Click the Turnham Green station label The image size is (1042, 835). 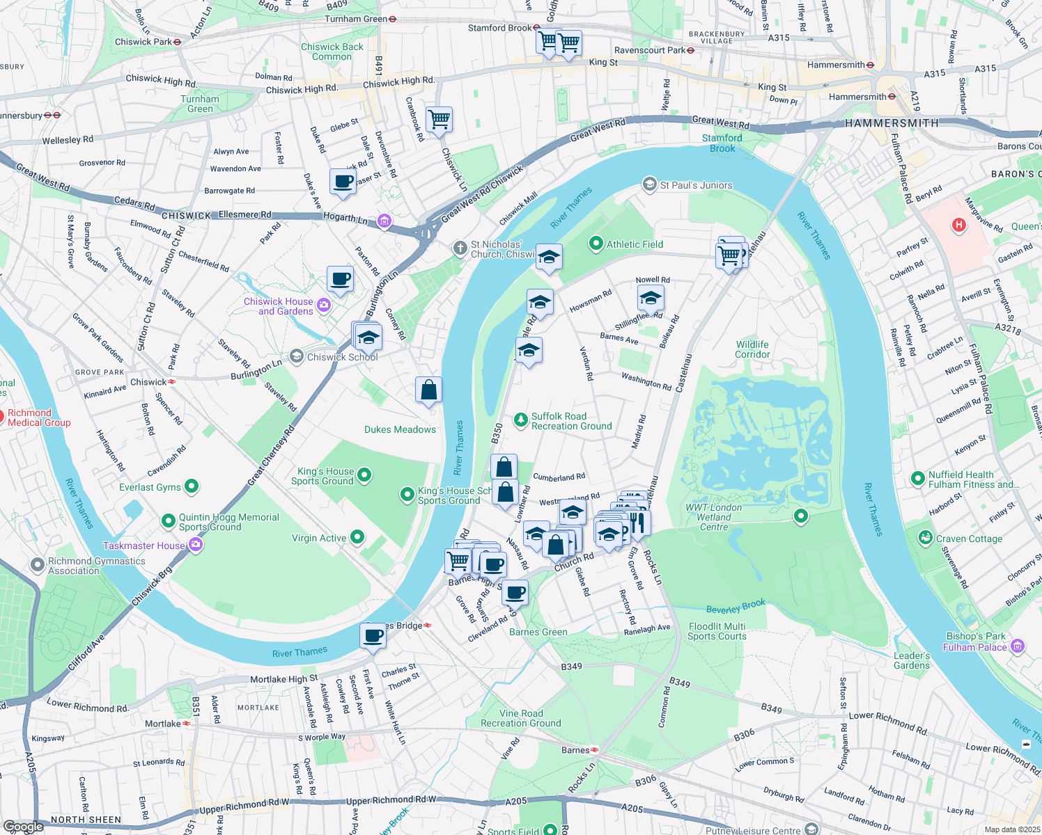coord(356,19)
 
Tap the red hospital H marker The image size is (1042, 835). coord(959,225)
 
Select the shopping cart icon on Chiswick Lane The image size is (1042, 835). coord(440,119)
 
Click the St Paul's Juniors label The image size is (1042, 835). coord(696,185)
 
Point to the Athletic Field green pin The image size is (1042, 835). coord(596,244)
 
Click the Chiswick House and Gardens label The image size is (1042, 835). coord(278,306)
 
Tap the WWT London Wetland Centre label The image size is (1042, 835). coord(714,517)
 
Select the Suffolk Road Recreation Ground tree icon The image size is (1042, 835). coord(520,420)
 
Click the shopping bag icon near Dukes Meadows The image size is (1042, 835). coord(428,390)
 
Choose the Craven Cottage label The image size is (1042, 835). coord(969,539)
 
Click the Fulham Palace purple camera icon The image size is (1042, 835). coord(1018,646)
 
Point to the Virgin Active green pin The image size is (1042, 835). coord(357,536)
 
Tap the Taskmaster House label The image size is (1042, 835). coord(144,546)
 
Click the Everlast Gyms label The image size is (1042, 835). coord(150,487)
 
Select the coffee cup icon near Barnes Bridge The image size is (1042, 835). coord(373,635)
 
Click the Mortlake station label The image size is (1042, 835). coord(163,724)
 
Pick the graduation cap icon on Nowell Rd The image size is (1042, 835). coord(651,299)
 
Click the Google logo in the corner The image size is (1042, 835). coord(23,826)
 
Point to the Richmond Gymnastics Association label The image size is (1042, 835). coord(97,566)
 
